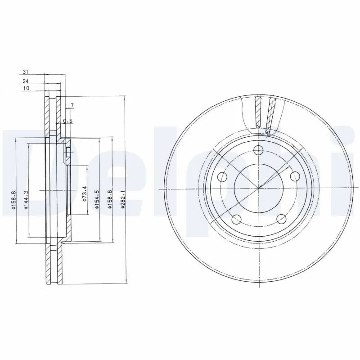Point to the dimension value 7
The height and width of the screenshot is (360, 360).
pos(72,106)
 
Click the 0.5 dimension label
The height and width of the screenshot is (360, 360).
pos(67,121)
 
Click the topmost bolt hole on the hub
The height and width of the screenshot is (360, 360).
pos(259,151)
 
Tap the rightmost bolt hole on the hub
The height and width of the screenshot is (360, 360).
pos(295,176)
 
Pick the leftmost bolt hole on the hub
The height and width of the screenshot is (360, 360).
pos(222,177)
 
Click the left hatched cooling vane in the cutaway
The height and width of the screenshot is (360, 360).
pos(258,112)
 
